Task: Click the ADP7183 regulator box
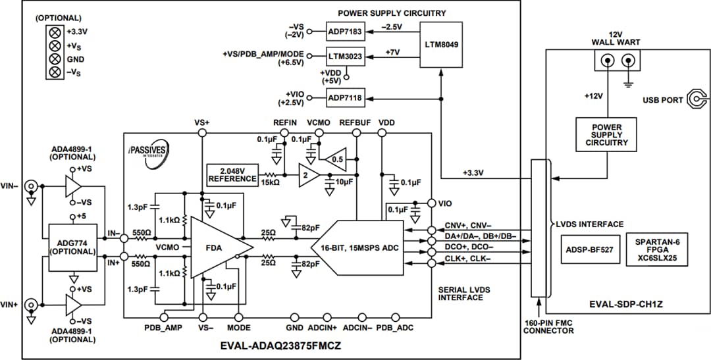click(345, 30)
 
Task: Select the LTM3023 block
click(345, 57)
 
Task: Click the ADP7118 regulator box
click(345, 98)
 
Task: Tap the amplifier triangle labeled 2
click(307, 177)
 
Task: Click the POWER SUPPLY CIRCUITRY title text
click(392, 13)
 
